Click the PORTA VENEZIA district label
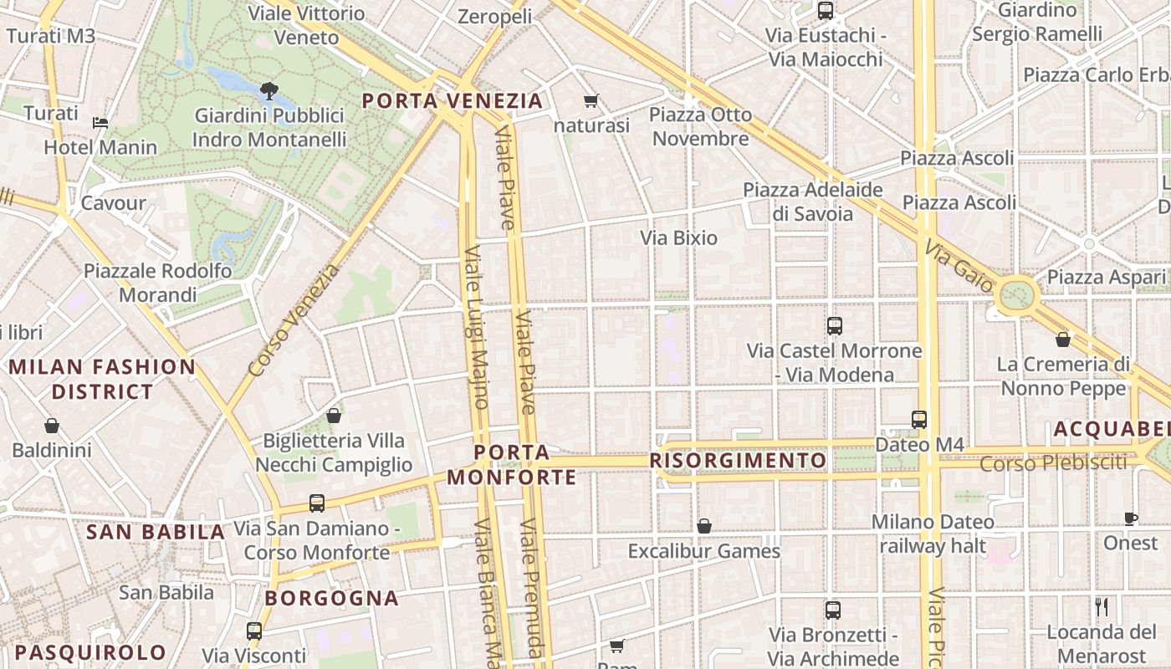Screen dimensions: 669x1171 (453, 101)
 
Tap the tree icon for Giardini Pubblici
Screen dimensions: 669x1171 (268, 90)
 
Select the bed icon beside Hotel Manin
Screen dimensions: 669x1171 (100, 122)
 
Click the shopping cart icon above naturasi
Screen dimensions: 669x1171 (591, 101)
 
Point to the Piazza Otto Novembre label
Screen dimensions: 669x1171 (700, 126)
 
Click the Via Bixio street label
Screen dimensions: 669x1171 (679, 238)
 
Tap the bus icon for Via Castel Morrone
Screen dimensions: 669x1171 (834, 326)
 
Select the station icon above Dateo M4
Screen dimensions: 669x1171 (919, 419)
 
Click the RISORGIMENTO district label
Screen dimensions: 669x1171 (738, 461)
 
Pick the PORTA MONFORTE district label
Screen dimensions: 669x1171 (512, 465)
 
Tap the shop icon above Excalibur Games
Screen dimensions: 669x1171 (704, 526)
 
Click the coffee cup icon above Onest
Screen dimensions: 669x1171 (1131, 518)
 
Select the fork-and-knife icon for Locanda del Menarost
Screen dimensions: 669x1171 (1102, 606)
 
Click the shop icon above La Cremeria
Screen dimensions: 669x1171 (1063, 340)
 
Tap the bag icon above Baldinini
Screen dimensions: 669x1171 (52, 426)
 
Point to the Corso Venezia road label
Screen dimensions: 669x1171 (295, 319)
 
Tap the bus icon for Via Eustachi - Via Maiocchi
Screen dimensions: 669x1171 (826, 11)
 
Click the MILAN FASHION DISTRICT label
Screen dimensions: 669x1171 (102, 379)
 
